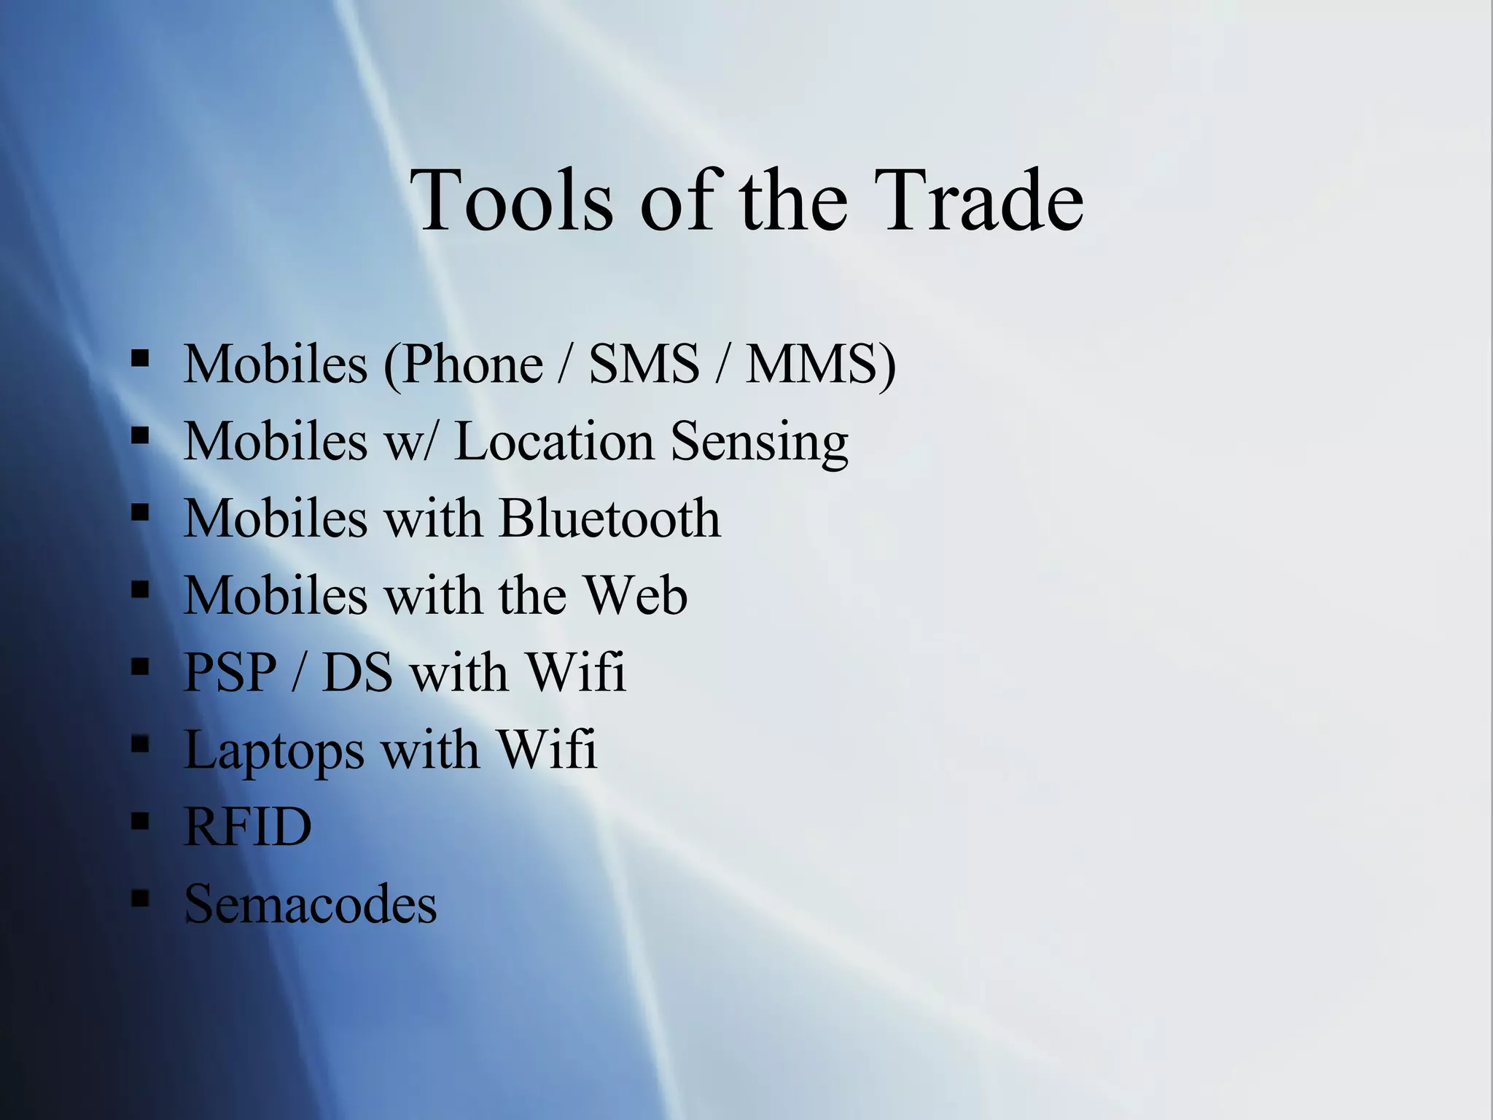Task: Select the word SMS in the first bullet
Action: (644, 363)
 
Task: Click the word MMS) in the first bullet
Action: (820, 363)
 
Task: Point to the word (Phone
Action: (464, 363)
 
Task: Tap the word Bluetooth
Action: (609, 518)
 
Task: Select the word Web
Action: (636, 595)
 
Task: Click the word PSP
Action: (230, 672)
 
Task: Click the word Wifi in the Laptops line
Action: (547, 750)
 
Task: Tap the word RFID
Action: (248, 827)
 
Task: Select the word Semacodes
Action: (311, 904)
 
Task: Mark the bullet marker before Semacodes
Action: (140, 898)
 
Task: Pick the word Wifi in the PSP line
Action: (575, 672)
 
